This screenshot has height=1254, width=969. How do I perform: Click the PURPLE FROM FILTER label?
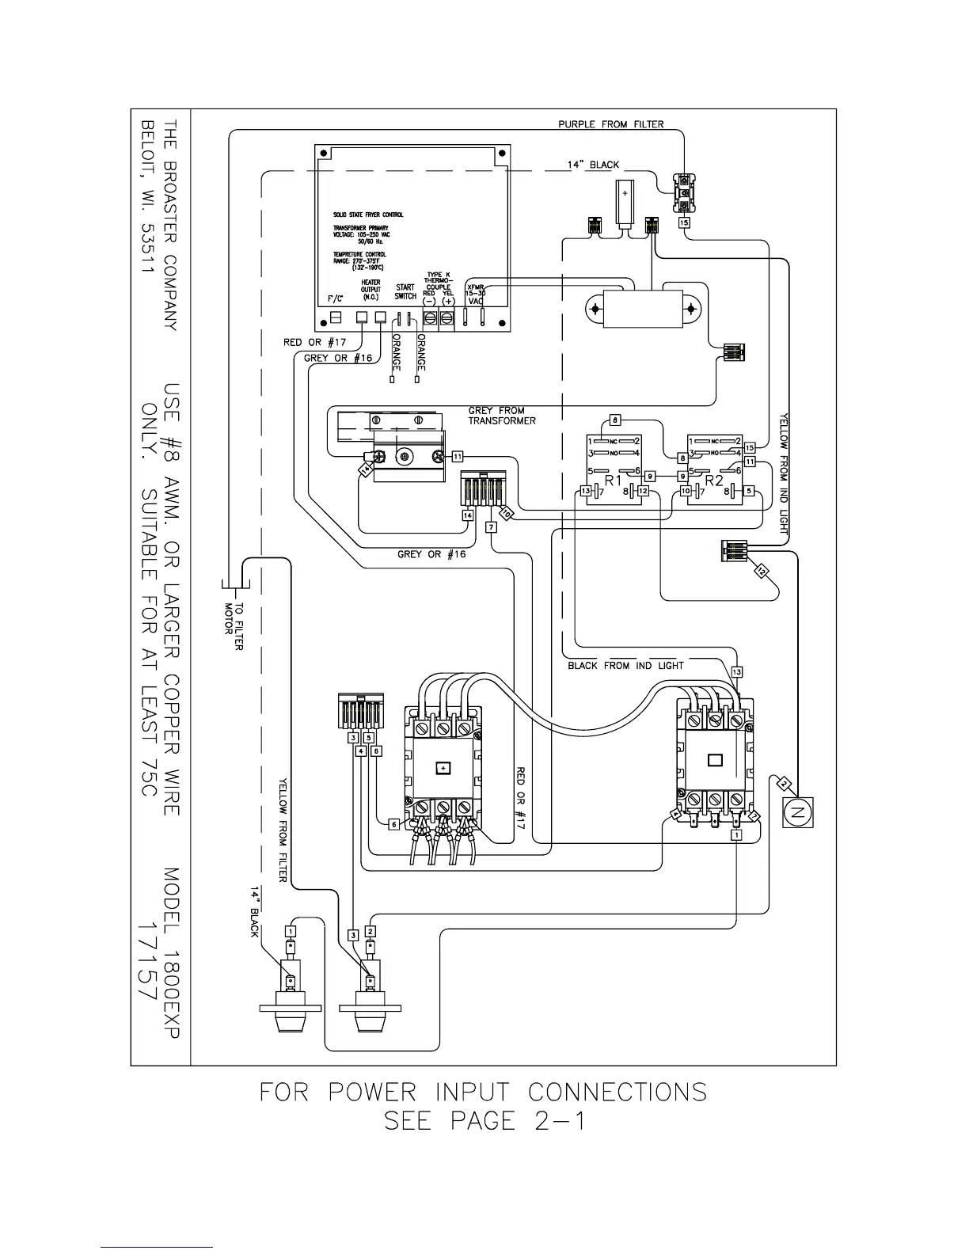[x=610, y=124]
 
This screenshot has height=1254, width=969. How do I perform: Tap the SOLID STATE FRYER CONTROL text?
[x=368, y=215]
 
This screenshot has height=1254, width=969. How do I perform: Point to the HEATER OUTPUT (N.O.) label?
[x=370, y=289]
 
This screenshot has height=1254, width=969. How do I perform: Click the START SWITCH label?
[x=405, y=292]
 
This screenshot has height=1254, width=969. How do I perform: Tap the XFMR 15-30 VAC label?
[x=475, y=294]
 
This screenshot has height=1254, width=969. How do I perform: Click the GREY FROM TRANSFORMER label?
[x=501, y=416]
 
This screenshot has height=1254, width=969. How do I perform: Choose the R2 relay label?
[x=715, y=480]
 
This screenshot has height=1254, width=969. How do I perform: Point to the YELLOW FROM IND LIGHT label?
[x=785, y=472]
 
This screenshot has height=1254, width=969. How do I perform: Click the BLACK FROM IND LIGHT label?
[x=625, y=666]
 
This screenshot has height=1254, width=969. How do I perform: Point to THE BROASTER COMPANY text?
[x=173, y=225]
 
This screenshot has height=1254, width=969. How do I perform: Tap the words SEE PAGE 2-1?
[x=484, y=1121]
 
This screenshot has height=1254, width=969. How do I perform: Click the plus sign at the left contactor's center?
[x=443, y=768]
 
